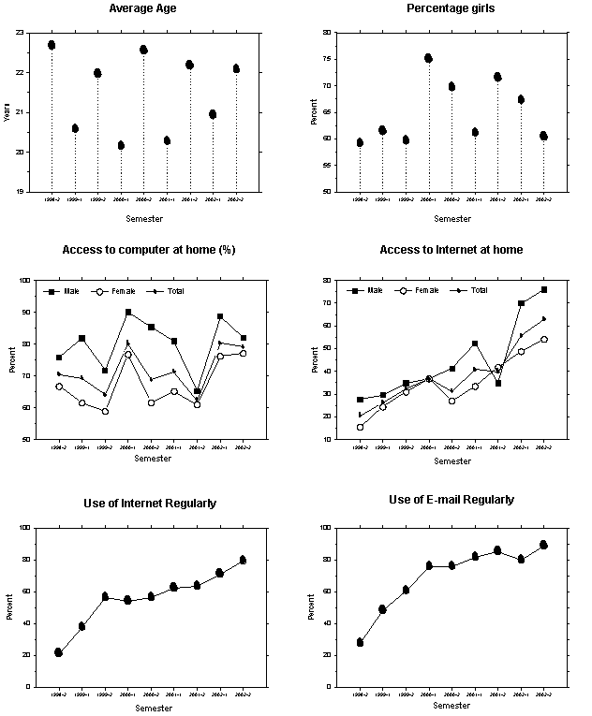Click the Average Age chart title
(143, 9)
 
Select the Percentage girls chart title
(451, 9)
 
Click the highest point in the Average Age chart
(52, 45)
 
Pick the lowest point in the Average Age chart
(121, 145)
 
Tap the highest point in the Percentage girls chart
(428, 58)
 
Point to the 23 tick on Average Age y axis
(21, 33)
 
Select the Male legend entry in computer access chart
(61, 291)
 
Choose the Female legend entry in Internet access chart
(417, 290)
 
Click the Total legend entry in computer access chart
(169, 291)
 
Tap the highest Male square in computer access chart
(128, 313)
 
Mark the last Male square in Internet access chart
(544, 290)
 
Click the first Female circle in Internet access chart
(360, 427)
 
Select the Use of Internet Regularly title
(150, 504)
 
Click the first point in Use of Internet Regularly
(58, 652)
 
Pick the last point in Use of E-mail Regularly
(544, 545)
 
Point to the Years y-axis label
(7, 112)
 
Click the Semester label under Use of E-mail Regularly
(452, 707)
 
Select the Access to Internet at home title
(451, 250)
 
